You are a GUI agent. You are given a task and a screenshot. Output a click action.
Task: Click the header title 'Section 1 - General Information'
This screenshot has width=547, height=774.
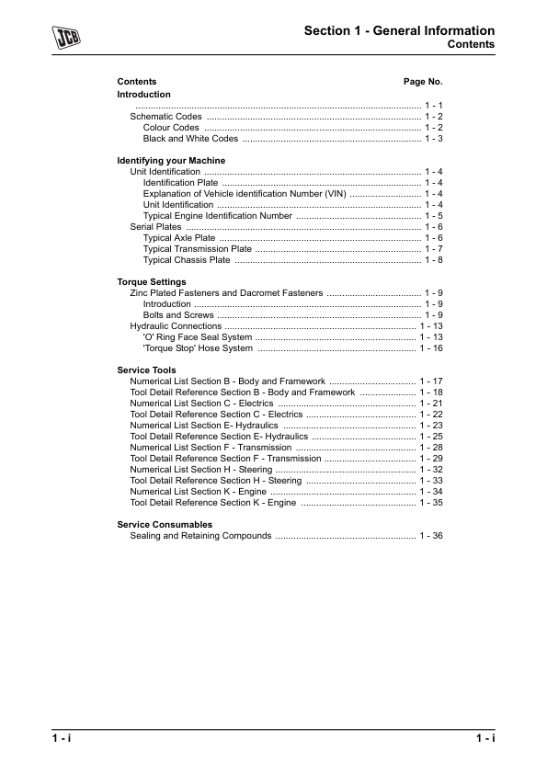pyautogui.click(x=399, y=31)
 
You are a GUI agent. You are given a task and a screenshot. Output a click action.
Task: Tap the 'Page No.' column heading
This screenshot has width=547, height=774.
pyautogui.click(x=423, y=82)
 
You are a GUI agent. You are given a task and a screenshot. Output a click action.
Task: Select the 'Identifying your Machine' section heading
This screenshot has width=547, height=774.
pyautogui.click(x=171, y=161)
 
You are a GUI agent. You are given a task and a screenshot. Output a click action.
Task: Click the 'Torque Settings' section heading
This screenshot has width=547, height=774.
pyautogui.click(x=152, y=282)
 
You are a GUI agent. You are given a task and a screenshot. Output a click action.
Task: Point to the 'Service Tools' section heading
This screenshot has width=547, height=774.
pyautogui.click(x=147, y=370)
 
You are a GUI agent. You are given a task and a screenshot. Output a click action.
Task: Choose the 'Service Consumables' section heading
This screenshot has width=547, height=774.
pyautogui.click(x=165, y=525)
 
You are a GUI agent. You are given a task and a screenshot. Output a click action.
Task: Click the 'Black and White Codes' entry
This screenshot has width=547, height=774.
pyautogui.click(x=190, y=139)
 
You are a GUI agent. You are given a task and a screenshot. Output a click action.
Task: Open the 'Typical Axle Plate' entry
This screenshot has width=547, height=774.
pyautogui.click(x=179, y=238)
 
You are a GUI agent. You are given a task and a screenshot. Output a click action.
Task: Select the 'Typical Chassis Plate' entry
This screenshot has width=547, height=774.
pyautogui.click(x=187, y=260)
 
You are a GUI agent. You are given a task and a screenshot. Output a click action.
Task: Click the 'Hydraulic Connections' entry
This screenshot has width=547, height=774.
pyautogui.click(x=176, y=326)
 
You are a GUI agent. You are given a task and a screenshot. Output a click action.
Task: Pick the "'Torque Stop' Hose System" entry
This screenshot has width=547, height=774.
pyautogui.click(x=198, y=348)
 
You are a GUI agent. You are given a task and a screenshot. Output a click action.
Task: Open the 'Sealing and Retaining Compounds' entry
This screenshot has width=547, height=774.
pyautogui.click(x=200, y=536)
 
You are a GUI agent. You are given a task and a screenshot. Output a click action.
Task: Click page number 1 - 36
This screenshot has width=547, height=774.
pyautogui.click(x=431, y=536)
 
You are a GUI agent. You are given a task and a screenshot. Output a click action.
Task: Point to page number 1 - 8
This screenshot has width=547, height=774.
pyautogui.click(x=434, y=260)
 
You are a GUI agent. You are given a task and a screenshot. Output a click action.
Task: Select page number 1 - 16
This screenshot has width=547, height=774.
pyautogui.click(x=431, y=348)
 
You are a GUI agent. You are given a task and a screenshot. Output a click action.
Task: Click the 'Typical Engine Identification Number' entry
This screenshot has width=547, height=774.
pyautogui.click(x=217, y=216)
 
